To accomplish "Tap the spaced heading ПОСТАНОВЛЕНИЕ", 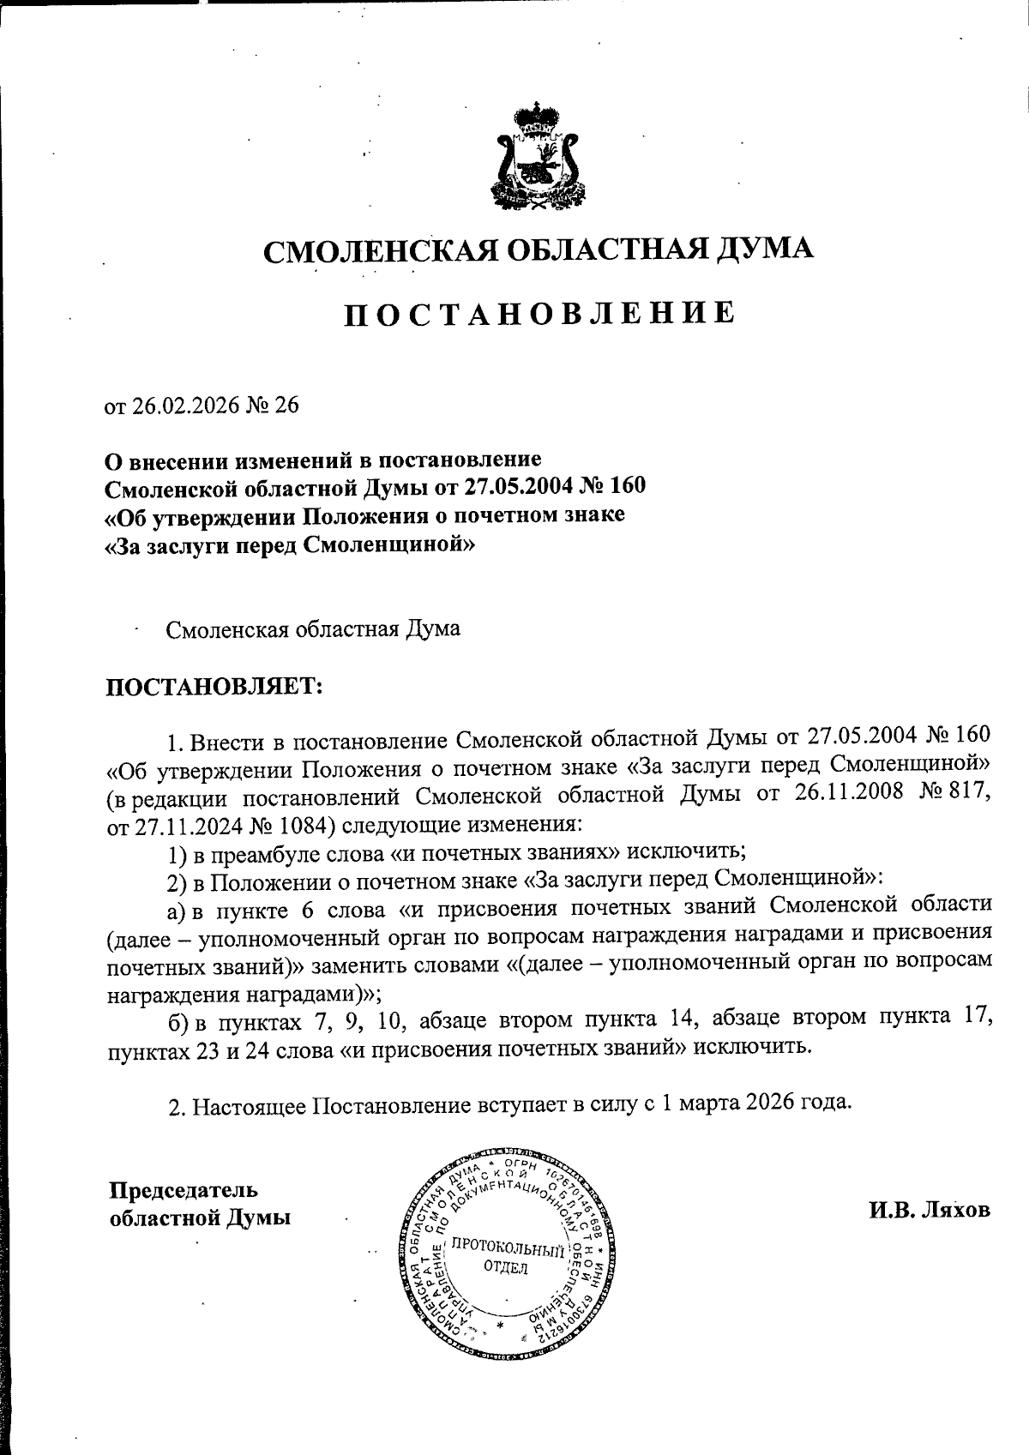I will click(539, 313).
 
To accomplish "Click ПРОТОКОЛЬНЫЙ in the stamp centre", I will click(507, 1245).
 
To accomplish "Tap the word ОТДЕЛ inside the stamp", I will click(506, 1268).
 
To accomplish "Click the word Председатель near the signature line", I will click(184, 1190).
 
